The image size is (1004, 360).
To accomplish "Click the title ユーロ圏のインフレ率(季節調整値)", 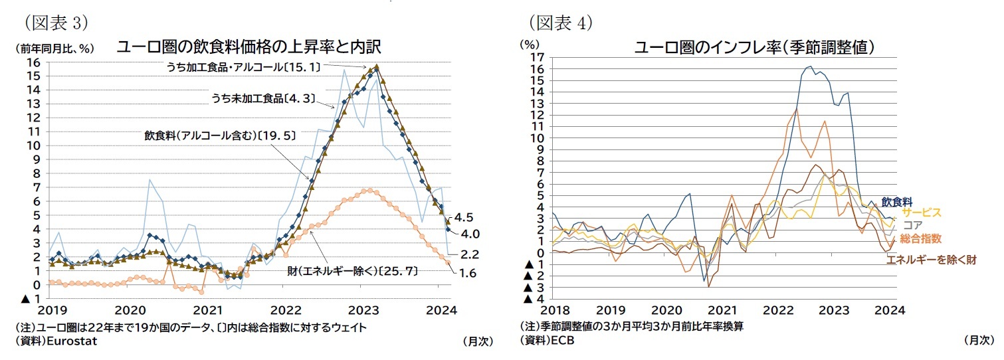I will pyautogui.click(x=753, y=47).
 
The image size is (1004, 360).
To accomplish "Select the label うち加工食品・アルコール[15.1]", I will pyautogui.click(x=244, y=66).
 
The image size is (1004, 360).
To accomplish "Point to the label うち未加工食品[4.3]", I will pyautogui.click(x=262, y=99).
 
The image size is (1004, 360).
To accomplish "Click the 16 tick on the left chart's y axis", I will pyautogui.click(x=34, y=62).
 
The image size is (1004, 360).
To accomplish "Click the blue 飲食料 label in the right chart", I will pyautogui.click(x=896, y=201).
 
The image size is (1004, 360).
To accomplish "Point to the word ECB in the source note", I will pyautogui.click(x=562, y=341).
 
